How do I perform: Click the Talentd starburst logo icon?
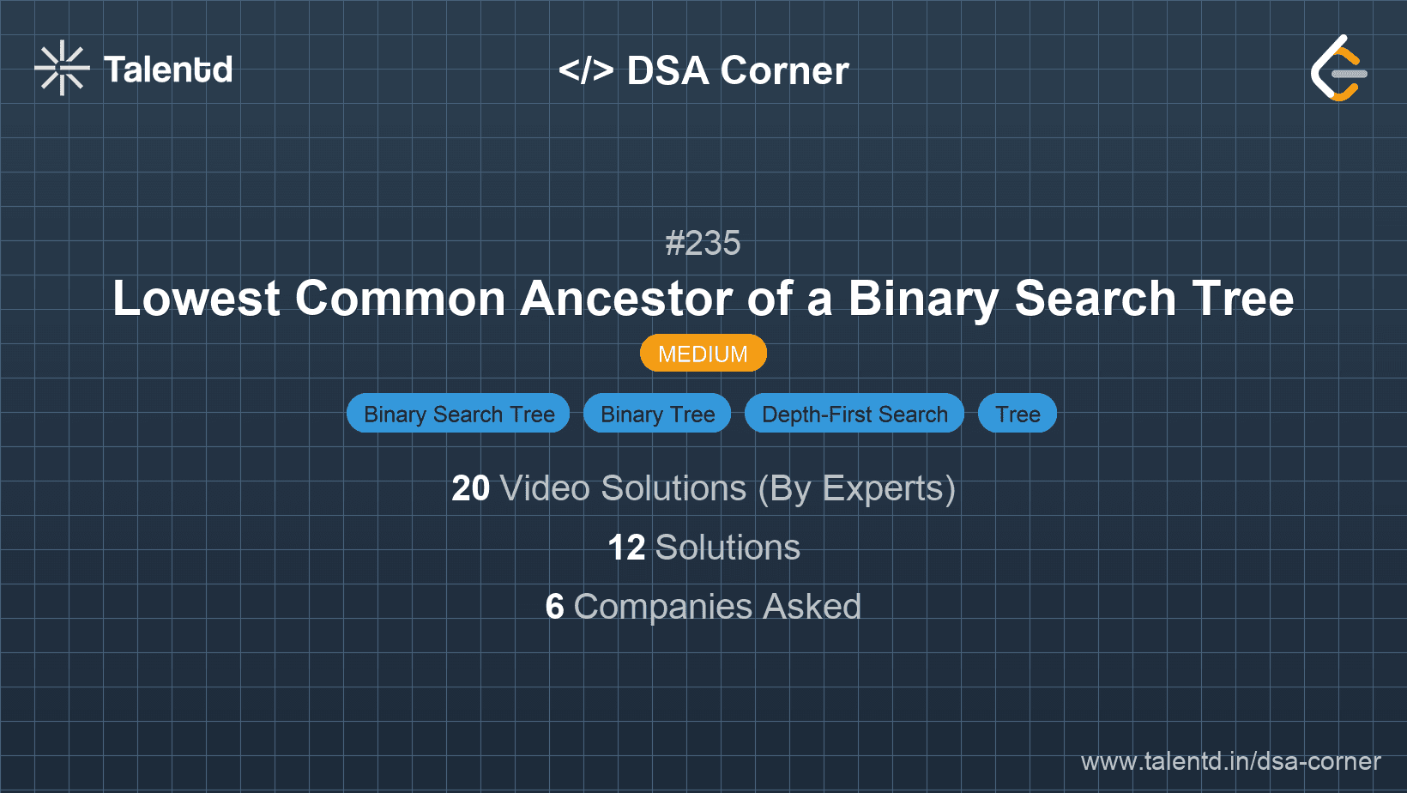pyautogui.click(x=62, y=68)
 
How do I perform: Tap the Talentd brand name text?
pyautogui.click(x=168, y=70)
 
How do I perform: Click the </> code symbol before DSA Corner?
pyautogui.click(x=586, y=70)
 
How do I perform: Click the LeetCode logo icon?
pyautogui.click(x=1338, y=69)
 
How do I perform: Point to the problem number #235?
pyautogui.click(x=703, y=243)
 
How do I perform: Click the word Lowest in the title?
pyautogui.click(x=196, y=299)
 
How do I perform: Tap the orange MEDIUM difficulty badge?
pyautogui.click(x=703, y=354)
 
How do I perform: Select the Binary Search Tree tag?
pyautogui.click(x=458, y=414)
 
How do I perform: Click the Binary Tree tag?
pyautogui.click(x=657, y=414)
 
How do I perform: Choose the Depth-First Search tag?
pyautogui.click(x=854, y=414)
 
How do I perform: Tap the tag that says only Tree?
pyautogui.click(x=1018, y=414)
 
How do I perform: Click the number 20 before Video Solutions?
pyautogui.click(x=470, y=488)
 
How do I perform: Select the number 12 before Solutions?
pyautogui.click(x=625, y=548)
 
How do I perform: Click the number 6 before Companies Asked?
pyautogui.click(x=554, y=607)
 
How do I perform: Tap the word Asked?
pyautogui.click(x=812, y=607)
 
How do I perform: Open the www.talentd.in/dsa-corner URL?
pyautogui.click(x=1230, y=761)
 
